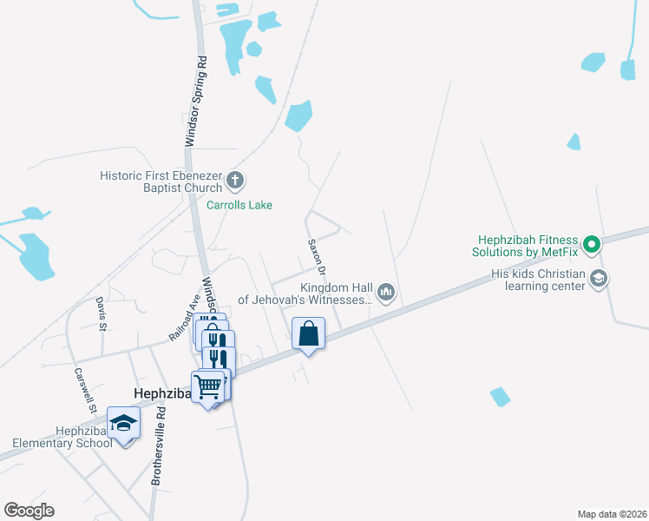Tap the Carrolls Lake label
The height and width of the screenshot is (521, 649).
[239, 206]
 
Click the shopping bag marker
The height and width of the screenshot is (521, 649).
[309, 333]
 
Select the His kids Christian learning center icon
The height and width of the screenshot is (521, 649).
[598, 278]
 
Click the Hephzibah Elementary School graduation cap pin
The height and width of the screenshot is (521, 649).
[123, 423]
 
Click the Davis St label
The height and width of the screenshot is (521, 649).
[102, 313]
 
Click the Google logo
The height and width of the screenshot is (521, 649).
[29, 510]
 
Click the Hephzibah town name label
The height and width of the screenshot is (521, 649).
[161, 393]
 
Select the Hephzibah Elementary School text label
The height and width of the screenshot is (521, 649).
[83, 437]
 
